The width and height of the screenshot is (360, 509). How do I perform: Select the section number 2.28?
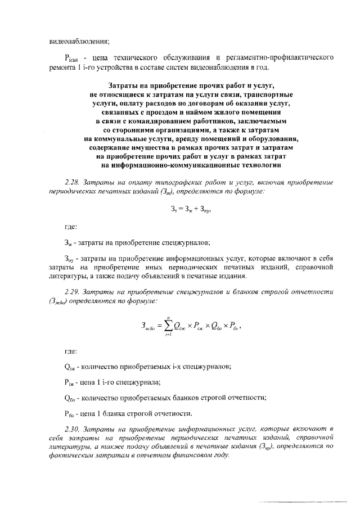point(74,183)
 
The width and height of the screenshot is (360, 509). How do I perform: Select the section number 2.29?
point(74,292)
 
